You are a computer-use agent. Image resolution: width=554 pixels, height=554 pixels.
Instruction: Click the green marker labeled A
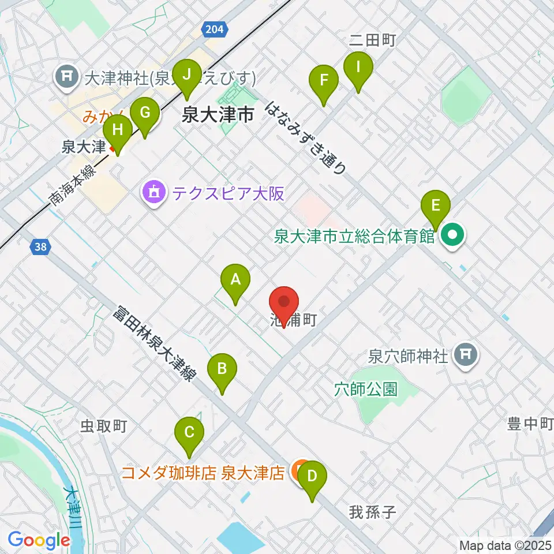pos(235,281)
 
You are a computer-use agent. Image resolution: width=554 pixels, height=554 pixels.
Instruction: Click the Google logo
pos(39,541)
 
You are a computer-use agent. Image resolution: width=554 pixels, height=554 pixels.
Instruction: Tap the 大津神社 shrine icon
pos(66,76)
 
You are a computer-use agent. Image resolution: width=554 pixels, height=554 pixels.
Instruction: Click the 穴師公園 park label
pos(366,390)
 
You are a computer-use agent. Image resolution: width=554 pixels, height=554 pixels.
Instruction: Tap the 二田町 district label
pos(372,40)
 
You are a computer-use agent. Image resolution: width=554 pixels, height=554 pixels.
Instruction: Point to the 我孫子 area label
pos(372,512)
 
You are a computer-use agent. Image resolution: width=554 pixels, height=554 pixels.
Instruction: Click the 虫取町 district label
pos(103,426)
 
